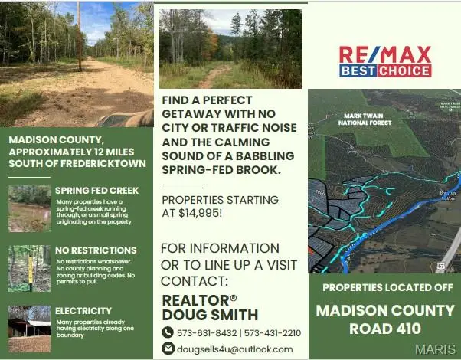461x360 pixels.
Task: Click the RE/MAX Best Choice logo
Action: [385, 61]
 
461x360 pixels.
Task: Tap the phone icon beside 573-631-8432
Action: [168, 332]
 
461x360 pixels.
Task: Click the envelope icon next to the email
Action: [168, 349]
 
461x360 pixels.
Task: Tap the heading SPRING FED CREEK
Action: [96, 190]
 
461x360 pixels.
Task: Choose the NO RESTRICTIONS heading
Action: [95, 250]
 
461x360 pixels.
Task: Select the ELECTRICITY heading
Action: [83, 310]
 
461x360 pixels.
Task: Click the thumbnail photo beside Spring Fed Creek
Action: [29, 208]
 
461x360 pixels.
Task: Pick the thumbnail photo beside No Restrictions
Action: [29, 268]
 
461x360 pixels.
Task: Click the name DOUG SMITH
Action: [210, 314]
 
